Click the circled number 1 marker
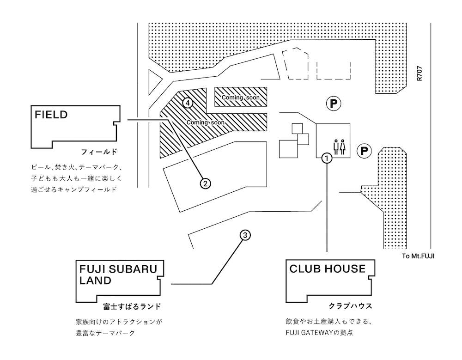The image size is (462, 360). coord(327,159)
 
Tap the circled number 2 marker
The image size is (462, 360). coord(206,183)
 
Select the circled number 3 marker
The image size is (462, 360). coord(245,235)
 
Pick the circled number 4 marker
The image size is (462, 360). coord(188,103)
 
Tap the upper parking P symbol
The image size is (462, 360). coord(333,104)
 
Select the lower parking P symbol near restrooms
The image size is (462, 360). coord(364,151)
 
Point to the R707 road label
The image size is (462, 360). coord(419,73)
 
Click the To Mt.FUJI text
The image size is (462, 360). coord(418,256)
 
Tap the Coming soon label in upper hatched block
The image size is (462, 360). coord(241,98)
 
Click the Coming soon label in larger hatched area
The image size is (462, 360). coord(206,122)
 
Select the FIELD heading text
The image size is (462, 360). coord(51,115)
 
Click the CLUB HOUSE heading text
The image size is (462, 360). coord(328,268)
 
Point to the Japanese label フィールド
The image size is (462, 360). coord(99,152)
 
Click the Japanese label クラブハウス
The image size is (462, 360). coord(350,306)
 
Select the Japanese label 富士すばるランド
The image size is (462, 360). coord(132,307)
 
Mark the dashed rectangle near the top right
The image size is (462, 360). coord(334,71)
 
